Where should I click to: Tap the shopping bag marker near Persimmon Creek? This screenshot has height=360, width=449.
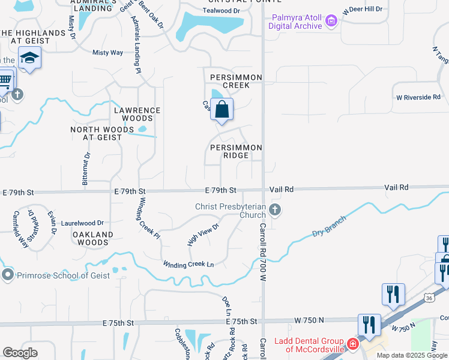click(x=221, y=110)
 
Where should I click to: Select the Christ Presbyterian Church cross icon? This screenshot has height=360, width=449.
click(x=275, y=209)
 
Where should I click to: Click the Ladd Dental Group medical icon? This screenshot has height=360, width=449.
click(x=352, y=344)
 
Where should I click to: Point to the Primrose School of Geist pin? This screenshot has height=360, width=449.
click(x=8, y=275)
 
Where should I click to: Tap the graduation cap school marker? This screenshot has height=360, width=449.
click(x=29, y=58)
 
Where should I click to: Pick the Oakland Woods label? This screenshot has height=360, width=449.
click(x=93, y=238)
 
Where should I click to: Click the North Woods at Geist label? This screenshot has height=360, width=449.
click(x=96, y=133)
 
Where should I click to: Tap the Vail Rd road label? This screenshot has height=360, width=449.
click(x=281, y=189)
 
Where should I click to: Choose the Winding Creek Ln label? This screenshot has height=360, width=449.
click(x=188, y=264)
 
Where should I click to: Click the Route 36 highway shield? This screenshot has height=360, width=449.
click(x=429, y=298)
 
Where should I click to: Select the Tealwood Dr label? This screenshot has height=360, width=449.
click(x=221, y=11)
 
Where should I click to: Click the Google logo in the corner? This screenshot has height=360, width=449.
click(x=20, y=353)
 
